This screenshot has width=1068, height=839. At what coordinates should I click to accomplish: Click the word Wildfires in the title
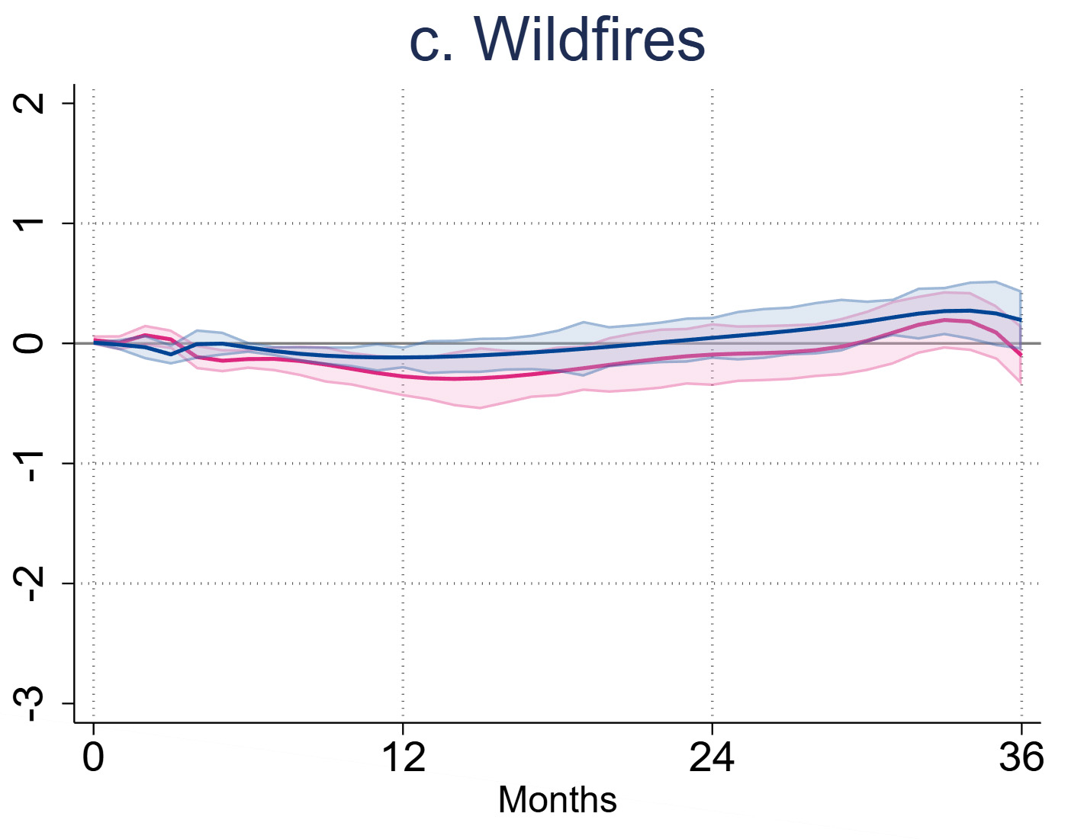pyautogui.click(x=590, y=40)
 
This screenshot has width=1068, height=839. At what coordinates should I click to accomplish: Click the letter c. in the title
pyautogui.click(x=432, y=42)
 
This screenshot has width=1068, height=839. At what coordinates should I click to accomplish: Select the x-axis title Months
pyautogui.click(x=557, y=800)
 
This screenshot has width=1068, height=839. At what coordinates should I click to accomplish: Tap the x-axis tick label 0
pyautogui.click(x=93, y=757)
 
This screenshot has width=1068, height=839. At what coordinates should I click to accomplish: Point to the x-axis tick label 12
pyautogui.click(x=403, y=757)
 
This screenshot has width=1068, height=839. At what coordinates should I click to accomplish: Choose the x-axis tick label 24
pyautogui.click(x=712, y=757)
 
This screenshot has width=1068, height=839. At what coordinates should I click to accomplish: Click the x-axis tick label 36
pyautogui.click(x=1021, y=757)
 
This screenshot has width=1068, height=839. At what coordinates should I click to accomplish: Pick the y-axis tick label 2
pyautogui.click(x=31, y=104)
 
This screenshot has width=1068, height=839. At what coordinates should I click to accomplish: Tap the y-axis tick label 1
pyautogui.click(x=31, y=223)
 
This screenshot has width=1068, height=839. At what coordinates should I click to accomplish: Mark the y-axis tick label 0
pyautogui.click(x=31, y=343)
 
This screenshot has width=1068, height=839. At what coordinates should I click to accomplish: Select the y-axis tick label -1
pyautogui.click(x=31, y=465)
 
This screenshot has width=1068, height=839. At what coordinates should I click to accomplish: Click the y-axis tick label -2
pyautogui.click(x=31, y=584)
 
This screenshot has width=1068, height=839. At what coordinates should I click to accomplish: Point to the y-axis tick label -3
pyautogui.click(x=31, y=704)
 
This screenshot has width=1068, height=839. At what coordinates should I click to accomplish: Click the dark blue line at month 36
pyautogui.click(x=1020, y=320)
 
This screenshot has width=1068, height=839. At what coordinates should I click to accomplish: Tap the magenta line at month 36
pyautogui.click(x=1020, y=355)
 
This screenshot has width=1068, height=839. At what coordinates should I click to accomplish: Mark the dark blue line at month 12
pyautogui.click(x=403, y=357)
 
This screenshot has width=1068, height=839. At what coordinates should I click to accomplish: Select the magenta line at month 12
pyautogui.click(x=403, y=376)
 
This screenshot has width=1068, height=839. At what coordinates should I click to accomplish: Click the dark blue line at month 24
pyautogui.click(x=712, y=337)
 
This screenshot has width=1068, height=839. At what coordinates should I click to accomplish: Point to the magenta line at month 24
pyautogui.click(x=712, y=355)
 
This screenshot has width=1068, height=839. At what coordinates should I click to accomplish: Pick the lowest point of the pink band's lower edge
pyautogui.click(x=479, y=408)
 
